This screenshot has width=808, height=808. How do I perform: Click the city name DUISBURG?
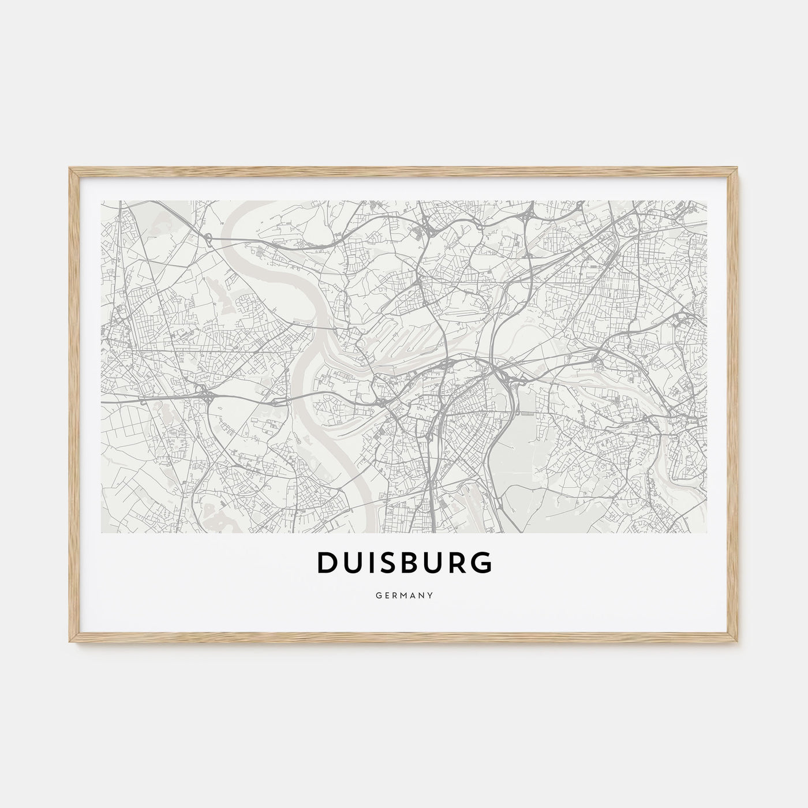(404, 563)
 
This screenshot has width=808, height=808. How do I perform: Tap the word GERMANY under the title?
(404, 593)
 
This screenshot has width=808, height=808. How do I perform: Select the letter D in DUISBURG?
(327, 563)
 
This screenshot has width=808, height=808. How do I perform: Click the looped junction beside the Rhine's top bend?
(207, 236)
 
